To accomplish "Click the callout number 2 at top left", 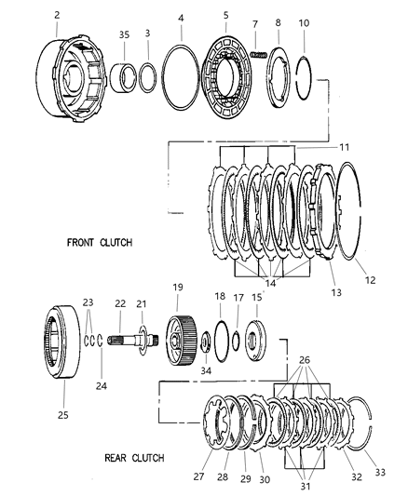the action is [57, 15].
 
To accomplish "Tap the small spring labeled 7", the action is [259, 54].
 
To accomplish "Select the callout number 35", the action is [125, 34].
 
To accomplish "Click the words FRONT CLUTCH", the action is [100, 243].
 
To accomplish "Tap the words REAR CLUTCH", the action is [134, 458].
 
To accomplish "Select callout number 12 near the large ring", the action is [370, 280].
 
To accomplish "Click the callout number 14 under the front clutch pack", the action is [270, 283].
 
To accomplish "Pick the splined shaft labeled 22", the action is [132, 341].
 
